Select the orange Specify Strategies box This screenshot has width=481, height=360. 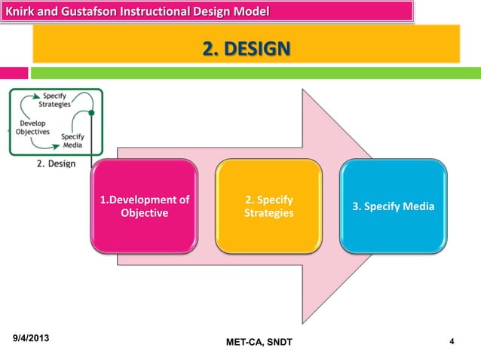pyautogui.click(x=268, y=206)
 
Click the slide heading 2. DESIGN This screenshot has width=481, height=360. pyautogui.click(x=245, y=50)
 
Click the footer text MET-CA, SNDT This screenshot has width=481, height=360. pyautogui.click(x=259, y=344)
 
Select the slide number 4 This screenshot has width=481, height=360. pyautogui.click(x=451, y=343)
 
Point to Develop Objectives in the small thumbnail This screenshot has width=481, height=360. pyautogui.click(x=32, y=127)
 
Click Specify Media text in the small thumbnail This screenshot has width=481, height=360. pyautogui.click(x=72, y=141)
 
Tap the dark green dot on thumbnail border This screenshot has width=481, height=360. pyautogui.click(x=92, y=114)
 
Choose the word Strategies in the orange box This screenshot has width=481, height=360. pyautogui.click(x=268, y=214)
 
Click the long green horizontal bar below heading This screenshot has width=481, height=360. pyautogui.click(x=256, y=73)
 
